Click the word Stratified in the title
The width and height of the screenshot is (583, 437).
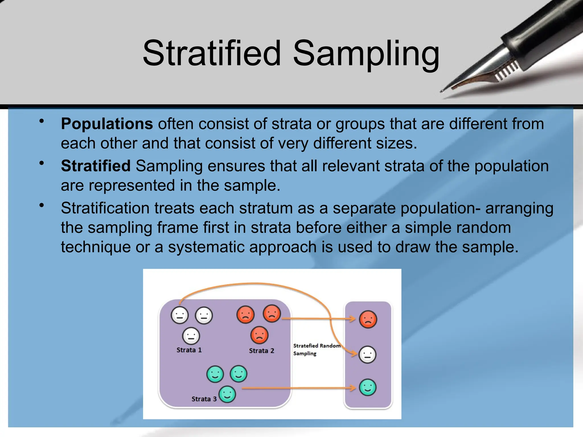pyautogui.click(x=212, y=53)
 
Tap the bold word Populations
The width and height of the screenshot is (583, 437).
pyautogui.click(x=107, y=124)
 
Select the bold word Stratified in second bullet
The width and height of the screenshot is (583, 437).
pyautogui.click(x=96, y=166)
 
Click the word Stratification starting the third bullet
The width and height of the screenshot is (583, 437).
pyautogui.click(x=105, y=208)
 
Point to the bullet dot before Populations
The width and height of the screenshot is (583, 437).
pyautogui.click(x=42, y=121)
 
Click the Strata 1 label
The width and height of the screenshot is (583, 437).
pyautogui.click(x=189, y=350)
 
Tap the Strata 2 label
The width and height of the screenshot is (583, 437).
pyautogui.click(x=261, y=351)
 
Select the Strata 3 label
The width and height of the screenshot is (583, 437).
pyautogui.click(x=204, y=399)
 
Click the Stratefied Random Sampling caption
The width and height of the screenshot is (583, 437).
pyautogui.click(x=316, y=349)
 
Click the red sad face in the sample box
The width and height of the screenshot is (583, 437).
pyautogui.click(x=368, y=319)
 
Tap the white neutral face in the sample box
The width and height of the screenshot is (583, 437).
pyautogui.click(x=368, y=354)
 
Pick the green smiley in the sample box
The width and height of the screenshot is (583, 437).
pyautogui.click(x=368, y=387)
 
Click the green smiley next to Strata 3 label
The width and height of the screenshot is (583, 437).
pyautogui.click(x=227, y=394)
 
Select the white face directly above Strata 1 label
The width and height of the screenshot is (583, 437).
pyautogui.click(x=191, y=336)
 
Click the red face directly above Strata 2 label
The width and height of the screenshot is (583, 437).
pyautogui.click(x=259, y=335)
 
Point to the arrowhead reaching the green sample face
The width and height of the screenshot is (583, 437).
pyautogui.click(x=354, y=388)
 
